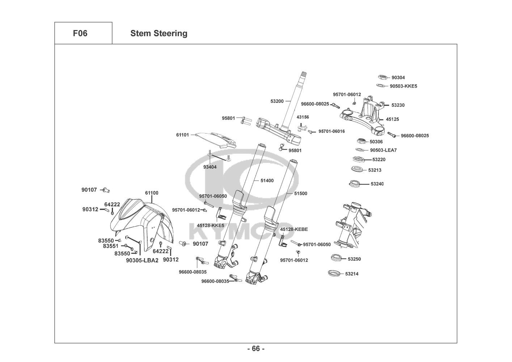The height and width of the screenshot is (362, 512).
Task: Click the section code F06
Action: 80,33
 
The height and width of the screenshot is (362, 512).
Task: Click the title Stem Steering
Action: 159,33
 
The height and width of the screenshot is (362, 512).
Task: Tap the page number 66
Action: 256,349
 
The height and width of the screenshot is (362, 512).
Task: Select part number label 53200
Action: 277,101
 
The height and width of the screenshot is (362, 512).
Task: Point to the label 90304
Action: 398,77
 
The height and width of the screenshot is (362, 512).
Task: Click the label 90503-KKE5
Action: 403,86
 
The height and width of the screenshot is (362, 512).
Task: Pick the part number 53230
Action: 398,105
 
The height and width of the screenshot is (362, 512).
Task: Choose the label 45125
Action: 392,119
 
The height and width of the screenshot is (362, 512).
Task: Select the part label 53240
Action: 377,184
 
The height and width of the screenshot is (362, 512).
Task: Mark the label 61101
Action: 182,135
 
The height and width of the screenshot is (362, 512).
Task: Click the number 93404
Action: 210,167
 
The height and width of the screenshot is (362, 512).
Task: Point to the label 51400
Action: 267,181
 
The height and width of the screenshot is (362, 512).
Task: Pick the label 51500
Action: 300,194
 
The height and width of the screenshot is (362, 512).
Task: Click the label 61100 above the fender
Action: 152,193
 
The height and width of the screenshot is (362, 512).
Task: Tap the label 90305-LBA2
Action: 142,260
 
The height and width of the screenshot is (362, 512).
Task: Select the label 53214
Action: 352,274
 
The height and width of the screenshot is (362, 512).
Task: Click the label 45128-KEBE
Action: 294,229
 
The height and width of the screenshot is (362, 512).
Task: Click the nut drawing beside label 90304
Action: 381,77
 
